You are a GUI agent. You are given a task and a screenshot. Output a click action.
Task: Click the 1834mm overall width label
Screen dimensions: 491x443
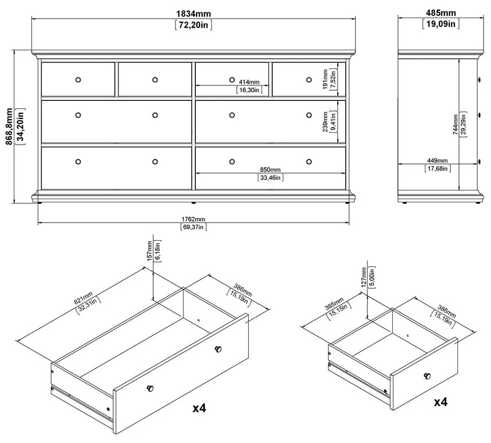coord(194,14)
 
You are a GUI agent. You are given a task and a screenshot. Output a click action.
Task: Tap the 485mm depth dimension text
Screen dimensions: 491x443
coord(441,13)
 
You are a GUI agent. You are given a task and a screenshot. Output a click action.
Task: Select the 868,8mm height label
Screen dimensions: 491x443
coord(9,126)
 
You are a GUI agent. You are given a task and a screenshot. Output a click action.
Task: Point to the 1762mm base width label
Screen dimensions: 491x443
coord(193,219)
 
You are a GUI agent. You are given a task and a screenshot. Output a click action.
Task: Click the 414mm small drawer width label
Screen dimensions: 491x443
coord(249,82)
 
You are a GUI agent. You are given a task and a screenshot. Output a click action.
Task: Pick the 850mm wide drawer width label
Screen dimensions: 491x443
coord(270,170)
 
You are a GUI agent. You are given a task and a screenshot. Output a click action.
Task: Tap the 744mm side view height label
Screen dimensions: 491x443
coord(455,124)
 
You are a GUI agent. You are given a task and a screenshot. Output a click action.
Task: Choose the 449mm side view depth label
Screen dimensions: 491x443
coord(438,161)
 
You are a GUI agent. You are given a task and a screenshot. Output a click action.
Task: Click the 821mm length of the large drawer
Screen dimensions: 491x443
coord(83,298)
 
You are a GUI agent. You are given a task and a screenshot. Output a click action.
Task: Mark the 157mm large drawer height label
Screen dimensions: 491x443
coord(149,251)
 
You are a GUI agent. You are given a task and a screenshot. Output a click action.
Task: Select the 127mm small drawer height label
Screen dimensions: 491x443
coord(363,277)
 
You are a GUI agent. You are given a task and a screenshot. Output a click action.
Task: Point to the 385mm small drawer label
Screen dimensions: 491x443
coord(334,304)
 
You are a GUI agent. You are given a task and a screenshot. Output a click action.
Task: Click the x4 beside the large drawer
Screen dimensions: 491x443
coord(200,408)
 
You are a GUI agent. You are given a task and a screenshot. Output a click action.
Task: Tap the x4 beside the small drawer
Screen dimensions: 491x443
coord(441,402)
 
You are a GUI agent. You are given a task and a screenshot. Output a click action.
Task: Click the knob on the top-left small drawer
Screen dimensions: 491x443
coord(78,80)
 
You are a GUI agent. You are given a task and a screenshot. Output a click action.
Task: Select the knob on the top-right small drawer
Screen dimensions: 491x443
coord(309,80)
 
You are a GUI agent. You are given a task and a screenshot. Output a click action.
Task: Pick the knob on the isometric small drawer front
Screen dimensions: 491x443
coord(427,376)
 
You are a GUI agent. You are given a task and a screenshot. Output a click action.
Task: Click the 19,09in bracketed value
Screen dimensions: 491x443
coord(441,24)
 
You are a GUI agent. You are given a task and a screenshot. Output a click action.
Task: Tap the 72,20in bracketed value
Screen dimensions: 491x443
coord(194,25)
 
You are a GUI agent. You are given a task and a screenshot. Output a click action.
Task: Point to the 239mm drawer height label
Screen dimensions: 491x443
coord(326,122)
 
